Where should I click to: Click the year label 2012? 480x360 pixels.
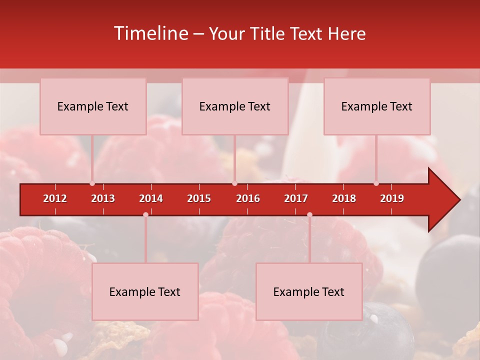55,198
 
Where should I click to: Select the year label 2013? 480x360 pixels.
103,198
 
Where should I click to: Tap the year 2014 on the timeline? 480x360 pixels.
151,198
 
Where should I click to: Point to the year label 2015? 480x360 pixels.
199,198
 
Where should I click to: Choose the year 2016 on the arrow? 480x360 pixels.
248,198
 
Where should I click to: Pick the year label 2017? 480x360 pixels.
296,198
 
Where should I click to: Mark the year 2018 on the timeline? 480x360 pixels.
344,198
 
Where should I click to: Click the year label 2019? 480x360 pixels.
392,198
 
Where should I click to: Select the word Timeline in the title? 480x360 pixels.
150,33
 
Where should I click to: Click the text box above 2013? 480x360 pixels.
93,106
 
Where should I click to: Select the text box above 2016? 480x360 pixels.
235,106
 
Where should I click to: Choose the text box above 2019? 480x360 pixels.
377,106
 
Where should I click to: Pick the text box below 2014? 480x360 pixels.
145,292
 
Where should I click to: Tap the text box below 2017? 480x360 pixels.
309,292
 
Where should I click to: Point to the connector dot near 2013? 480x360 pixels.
92,183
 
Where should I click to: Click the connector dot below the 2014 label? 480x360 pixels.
145,214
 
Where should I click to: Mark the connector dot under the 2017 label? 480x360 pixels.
309,214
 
